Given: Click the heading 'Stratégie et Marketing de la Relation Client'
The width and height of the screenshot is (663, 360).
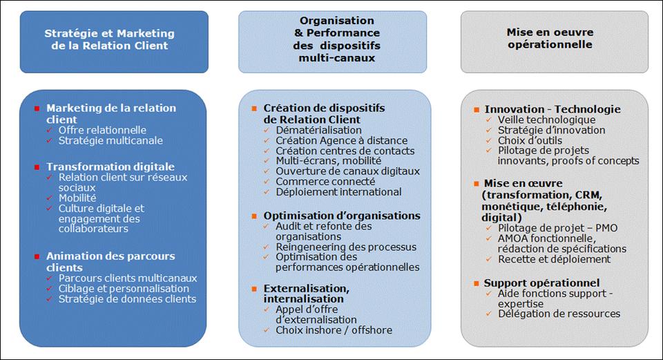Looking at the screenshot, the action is (110, 39).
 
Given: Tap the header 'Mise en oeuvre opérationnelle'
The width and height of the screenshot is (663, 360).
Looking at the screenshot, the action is (550, 38).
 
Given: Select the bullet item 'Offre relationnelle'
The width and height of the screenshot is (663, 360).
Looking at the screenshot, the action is (102, 130).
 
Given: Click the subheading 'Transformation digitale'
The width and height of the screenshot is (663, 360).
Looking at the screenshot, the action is (110, 167).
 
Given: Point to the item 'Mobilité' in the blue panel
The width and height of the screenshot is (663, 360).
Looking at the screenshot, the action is (77, 198).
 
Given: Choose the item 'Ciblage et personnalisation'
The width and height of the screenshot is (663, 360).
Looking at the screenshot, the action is (124, 289).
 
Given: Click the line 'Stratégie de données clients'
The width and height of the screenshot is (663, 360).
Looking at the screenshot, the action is (127, 299).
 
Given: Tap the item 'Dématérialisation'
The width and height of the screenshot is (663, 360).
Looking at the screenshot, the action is (319, 130).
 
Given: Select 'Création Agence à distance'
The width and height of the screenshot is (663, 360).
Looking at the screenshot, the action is (342, 140).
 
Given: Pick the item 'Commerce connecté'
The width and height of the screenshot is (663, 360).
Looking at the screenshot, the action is (325, 182).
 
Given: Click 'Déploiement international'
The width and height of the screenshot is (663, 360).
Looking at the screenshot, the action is (338, 192).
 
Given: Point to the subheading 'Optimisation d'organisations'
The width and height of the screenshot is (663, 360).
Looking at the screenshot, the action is (342, 216).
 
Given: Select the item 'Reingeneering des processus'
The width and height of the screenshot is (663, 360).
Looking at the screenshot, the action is (346, 247).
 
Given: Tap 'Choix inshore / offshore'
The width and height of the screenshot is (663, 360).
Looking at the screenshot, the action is (334, 330).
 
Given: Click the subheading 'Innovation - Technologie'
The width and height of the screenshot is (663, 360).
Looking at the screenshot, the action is (552, 109).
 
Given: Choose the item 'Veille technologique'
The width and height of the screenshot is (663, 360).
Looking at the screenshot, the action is (546, 120).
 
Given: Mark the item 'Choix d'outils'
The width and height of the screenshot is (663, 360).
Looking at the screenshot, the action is (530, 140).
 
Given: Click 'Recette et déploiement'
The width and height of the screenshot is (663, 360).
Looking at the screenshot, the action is (555, 259).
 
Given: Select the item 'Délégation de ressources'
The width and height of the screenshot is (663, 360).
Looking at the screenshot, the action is (559, 314).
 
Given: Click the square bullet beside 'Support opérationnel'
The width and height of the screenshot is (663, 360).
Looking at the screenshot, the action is (477, 283).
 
